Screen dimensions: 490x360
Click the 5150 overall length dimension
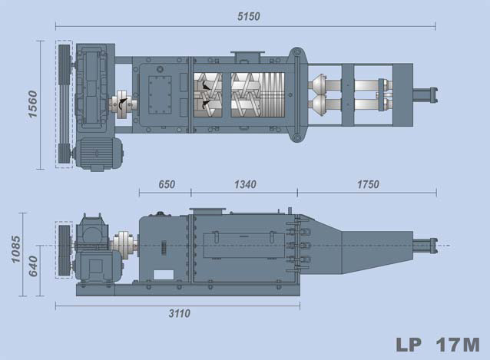pos(248,17)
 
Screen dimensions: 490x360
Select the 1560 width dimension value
pos(32,104)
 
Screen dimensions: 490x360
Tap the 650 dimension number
pos(167,184)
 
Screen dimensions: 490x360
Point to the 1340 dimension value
pos(245,184)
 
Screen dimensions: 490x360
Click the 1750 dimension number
pos(368,184)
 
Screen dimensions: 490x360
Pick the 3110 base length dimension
pos(180,313)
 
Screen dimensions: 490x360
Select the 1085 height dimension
pos(15,249)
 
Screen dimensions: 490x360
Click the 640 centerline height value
pos(33,266)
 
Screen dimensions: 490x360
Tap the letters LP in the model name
pos(409,345)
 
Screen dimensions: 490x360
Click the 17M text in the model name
pos(458,345)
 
